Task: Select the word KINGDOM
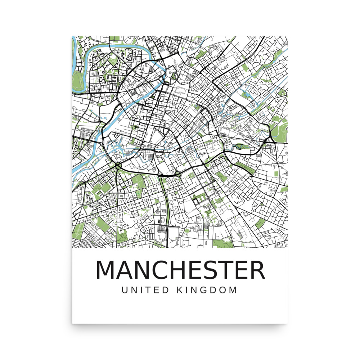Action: tap(207, 290)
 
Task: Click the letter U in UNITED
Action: tap(125, 290)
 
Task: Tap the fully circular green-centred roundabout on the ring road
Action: tap(118, 166)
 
